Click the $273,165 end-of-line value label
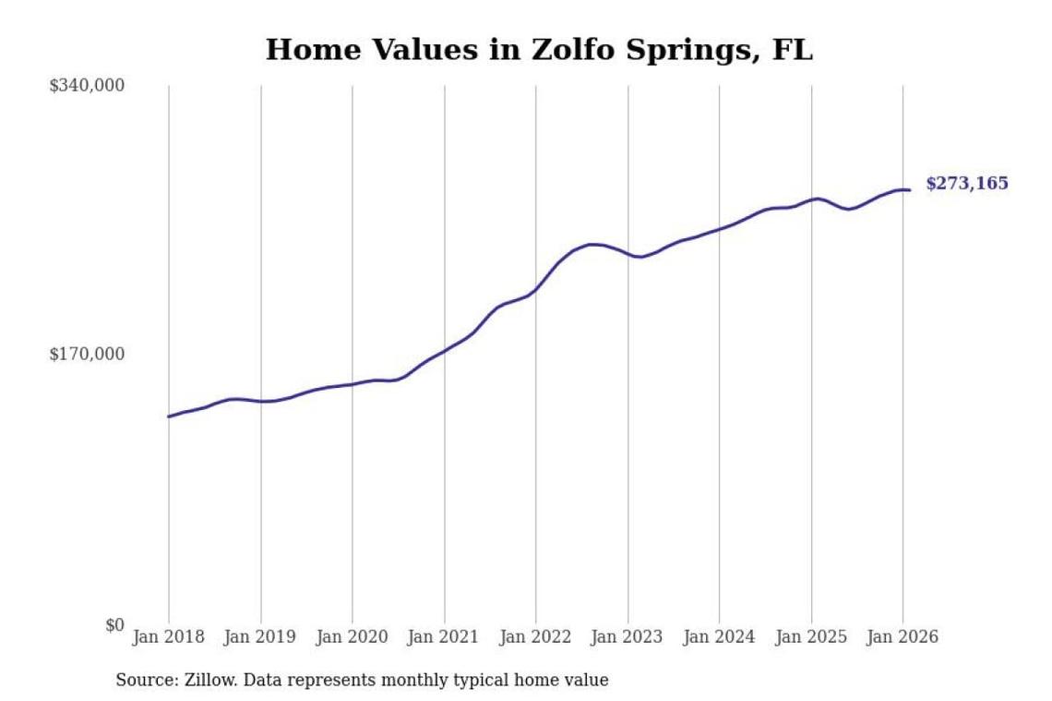click(x=966, y=183)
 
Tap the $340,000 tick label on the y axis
click(x=87, y=86)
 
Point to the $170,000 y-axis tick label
click(x=87, y=355)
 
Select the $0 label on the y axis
click(x=114, y=625)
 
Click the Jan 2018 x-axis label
click(x=169, y=637)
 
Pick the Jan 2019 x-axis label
click(x=260, y=637)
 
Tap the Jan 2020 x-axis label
click(x=353, y=637)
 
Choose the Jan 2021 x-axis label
click(x=444, y=637)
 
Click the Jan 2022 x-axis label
click(x=536, y=637)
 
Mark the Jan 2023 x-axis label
click(x=628, y=637)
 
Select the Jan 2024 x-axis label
click(x=719, y=637)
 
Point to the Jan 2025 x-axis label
click(x=811, y=637)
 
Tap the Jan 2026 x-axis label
click(x=903, y=637)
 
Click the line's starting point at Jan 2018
click(x=169, y=417)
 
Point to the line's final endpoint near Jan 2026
click(x=910, y=190)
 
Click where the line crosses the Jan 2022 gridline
click(x=536, y=290)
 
